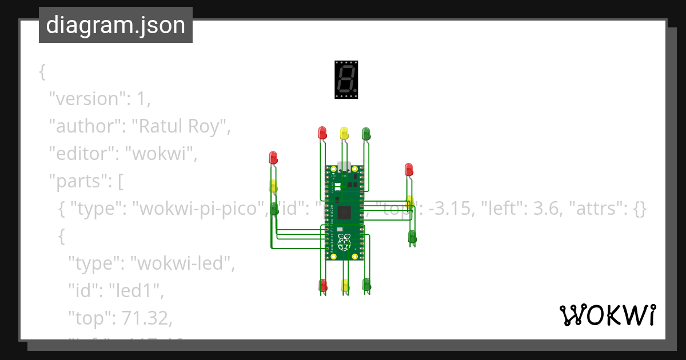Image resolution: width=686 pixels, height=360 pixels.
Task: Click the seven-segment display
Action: [x=346, y=79]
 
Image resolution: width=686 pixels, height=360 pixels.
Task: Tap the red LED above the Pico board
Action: [x=322, y=133]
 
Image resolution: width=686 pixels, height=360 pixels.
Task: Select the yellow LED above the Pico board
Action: [x=344, y=133]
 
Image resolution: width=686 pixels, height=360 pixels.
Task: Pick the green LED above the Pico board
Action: [x=366, y=133]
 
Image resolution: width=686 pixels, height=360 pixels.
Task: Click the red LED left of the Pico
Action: [x=273, y=157]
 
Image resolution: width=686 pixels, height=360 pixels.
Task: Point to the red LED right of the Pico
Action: [x=409, y=169]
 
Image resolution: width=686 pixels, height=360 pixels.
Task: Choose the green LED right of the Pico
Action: [x=412, y=236]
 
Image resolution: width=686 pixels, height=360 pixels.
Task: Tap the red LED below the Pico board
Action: [x=322, y=285]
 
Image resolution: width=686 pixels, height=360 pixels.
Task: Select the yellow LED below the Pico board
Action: [x=345, y=285]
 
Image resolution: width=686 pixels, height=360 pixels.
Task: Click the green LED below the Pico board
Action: [x=366, y=284]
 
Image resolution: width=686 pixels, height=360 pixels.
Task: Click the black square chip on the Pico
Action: [x=344, y=213]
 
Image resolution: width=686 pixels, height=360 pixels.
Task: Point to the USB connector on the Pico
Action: [x=344, y=166]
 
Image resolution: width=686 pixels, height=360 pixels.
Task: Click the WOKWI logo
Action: [x=607, y=315]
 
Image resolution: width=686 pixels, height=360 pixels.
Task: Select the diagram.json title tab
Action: [x=115, y=25]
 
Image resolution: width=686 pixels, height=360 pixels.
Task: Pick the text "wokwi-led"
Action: [x=184, y=263]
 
